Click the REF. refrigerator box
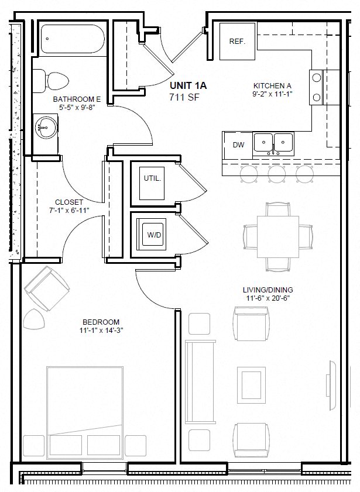coord(237,42)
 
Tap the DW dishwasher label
coord(239,144)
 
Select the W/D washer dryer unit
coord(153,235)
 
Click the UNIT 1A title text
coord(188,85)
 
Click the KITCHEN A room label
coord(272,85)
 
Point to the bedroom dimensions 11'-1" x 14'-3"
coord(101,331)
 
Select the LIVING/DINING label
coord(268,290)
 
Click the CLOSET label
coord(68,202)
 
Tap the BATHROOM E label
coord(77,99)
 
